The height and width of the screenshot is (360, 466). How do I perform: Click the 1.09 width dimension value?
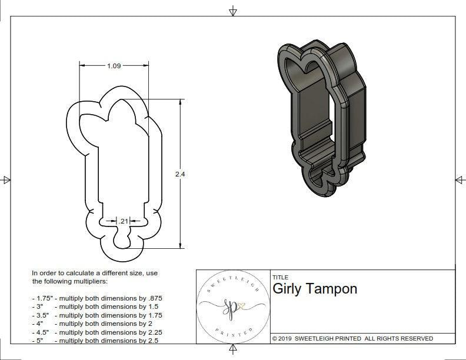click(x=114, y=66)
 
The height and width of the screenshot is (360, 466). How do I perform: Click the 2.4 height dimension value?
click(x=181, y=174)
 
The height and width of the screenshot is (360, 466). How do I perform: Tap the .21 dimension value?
click(x=123, y=221)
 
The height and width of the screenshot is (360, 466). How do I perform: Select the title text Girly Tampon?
click(x=315, y=289)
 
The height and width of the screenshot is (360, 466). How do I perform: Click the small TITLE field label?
click(x=280, y=278)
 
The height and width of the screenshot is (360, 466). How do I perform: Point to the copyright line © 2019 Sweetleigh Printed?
click(x=352, y=338)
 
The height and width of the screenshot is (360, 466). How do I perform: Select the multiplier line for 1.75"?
click(x=97, y=298)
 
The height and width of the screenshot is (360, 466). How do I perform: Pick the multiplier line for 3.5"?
click(x=97, y=315)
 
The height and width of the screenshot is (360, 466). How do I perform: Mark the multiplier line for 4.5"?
click(x=97, y=332)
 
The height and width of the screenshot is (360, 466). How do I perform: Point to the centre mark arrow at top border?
click(x=233, y=11)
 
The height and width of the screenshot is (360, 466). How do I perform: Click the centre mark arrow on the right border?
click(x=459, y=180)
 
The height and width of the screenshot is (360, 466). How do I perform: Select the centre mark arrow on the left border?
click(x=6, y=180)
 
